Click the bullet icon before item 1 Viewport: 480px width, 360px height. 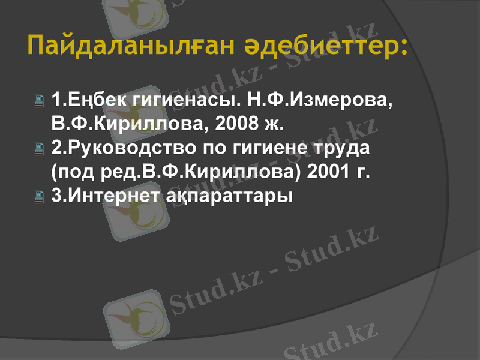point(40,101)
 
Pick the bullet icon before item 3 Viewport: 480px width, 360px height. point(40,196)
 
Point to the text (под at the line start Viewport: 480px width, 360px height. point(70,172)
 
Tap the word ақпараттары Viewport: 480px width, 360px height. point(227,196)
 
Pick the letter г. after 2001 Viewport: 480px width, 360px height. point(362,173)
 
